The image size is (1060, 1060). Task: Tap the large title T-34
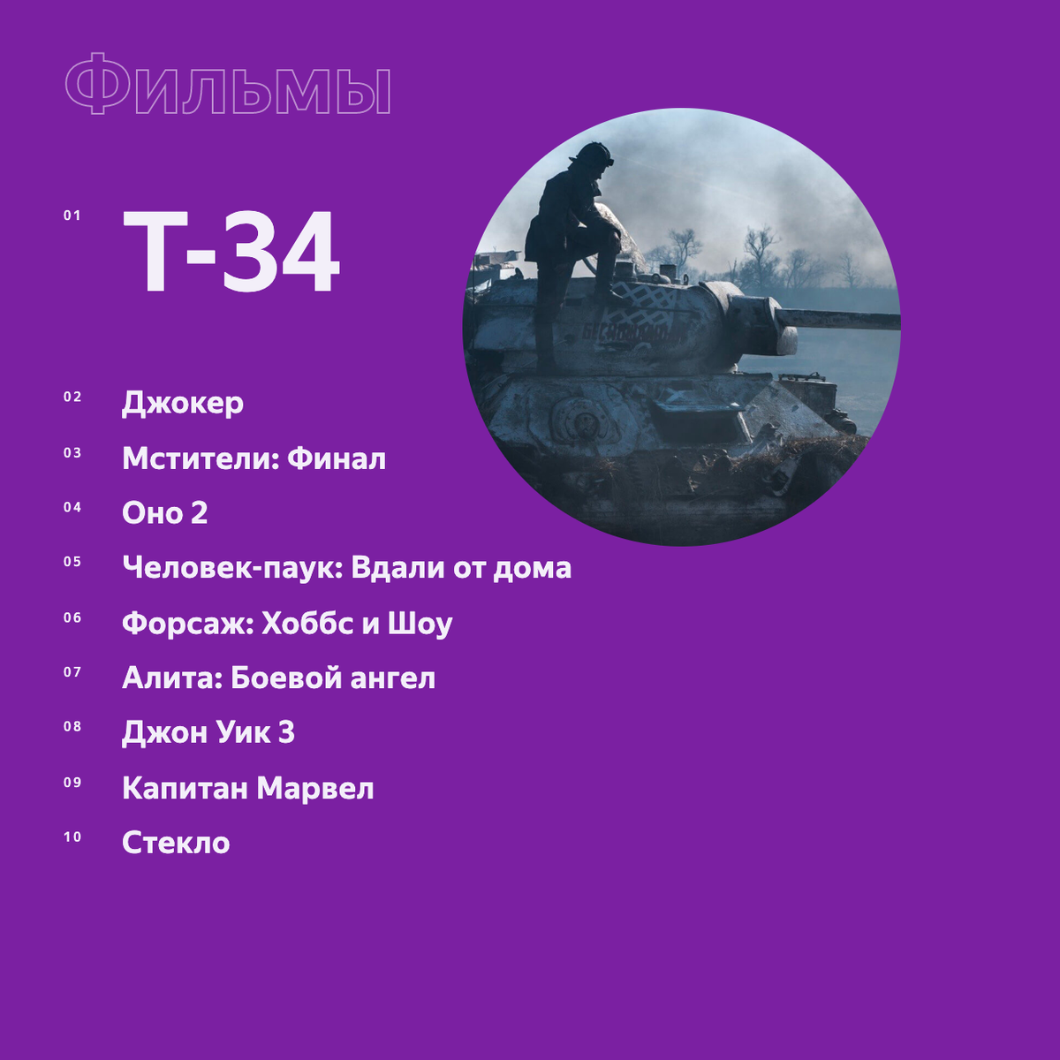point(231,254)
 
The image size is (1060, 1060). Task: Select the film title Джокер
point(183,404)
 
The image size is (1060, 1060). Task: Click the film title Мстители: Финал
point(254,459)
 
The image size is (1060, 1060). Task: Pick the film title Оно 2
point(165,513)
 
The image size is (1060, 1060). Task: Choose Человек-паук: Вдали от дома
point(346,568)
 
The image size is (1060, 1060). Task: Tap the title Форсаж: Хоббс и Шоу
point(287,624)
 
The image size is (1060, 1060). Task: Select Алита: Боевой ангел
point(278,678)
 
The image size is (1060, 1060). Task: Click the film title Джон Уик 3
point(208,733)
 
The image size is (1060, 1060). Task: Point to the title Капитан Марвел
point(247,788)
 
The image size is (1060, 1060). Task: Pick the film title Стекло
point(176,843)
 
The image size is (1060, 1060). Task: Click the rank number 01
point(72,216)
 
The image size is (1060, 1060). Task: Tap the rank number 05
point(72,562)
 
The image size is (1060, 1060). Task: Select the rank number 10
point(72,837)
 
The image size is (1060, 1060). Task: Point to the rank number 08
point(72,727)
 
